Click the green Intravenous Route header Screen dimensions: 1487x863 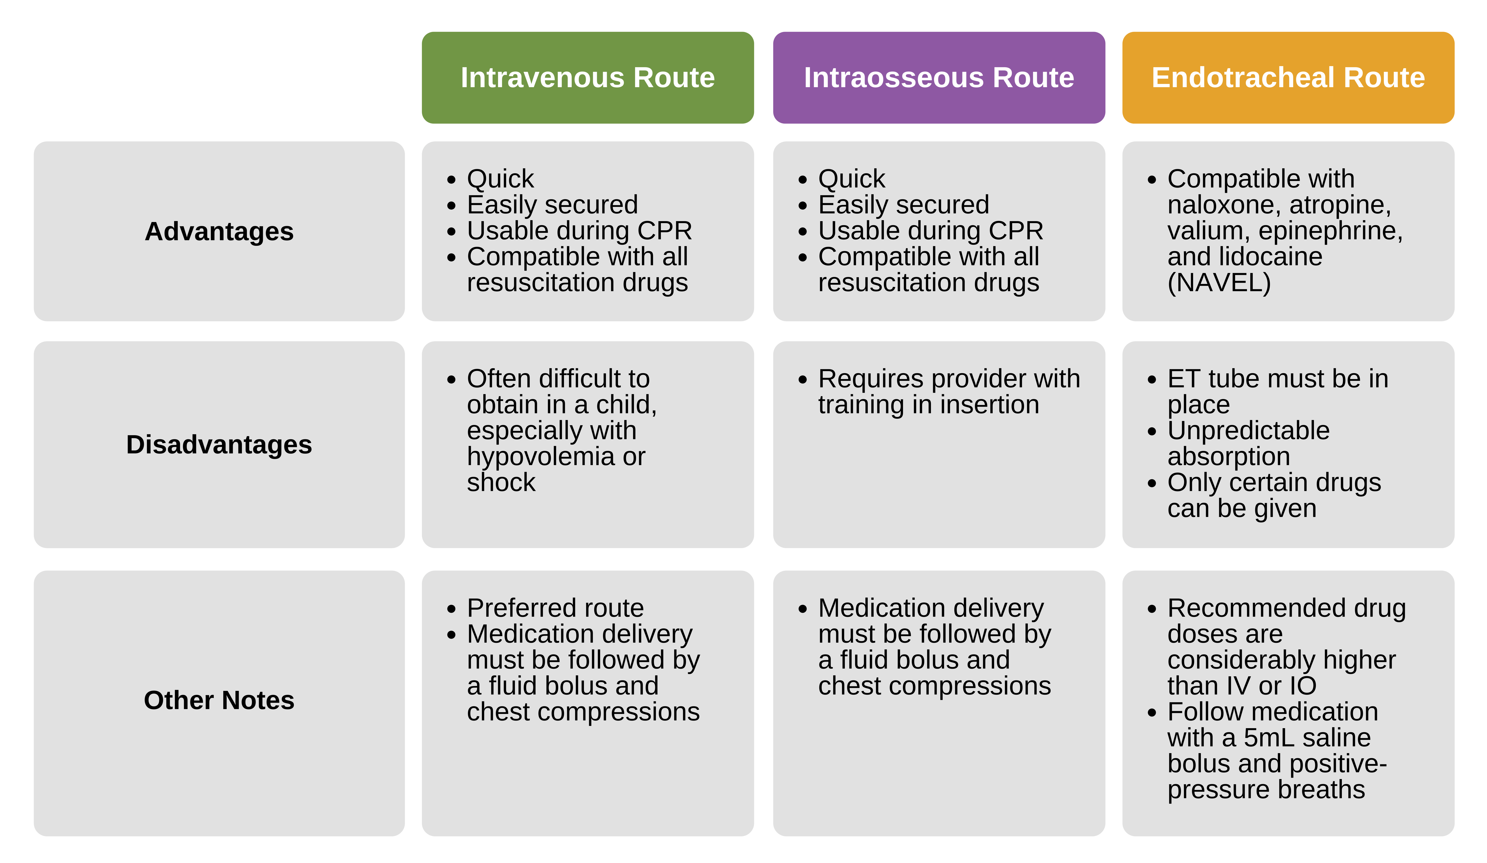(x=588, y=78)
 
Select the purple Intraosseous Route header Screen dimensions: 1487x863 (x=939, y=78)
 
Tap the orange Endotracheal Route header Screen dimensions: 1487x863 (x=1288, y=78)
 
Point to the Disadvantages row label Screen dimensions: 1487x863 (x=219, y=444)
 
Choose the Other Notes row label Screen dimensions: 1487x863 (x=219, y=700)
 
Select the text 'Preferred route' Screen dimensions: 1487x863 (x=555, y=608)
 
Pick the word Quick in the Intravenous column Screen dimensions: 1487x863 (x=500, y=179)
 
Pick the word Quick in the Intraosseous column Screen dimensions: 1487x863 (x=852, y=179)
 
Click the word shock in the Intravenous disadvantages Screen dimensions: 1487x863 (x=501, y=483)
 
